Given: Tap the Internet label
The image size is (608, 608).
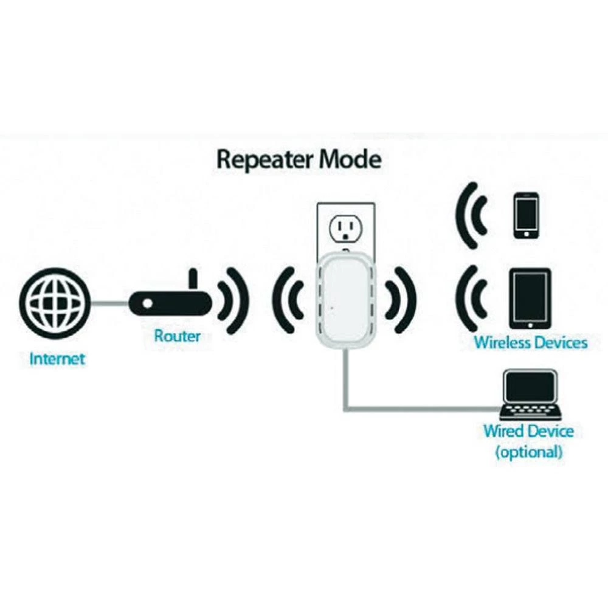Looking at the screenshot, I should (57, 359).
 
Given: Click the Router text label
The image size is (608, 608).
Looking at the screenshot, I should (177, 336).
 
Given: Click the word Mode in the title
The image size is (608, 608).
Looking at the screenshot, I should (351, 160).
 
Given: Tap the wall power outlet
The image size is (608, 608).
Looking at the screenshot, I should (345, 229).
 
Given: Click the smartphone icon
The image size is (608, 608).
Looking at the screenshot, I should (526, 216).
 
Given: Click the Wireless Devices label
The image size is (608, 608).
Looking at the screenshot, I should (531, 342).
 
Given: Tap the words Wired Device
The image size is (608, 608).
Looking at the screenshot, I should (528, 432).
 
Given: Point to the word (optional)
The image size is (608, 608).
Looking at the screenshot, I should (528, 452).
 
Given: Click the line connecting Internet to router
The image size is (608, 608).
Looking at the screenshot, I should (110, 302).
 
